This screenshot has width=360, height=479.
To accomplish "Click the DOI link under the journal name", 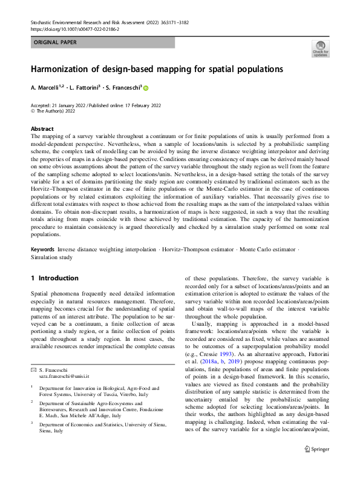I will pyautogui.click(x=74, y=28).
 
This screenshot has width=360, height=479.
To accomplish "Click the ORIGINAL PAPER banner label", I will pyautogui.click(x=56, y=42).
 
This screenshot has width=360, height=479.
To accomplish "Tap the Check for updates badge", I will pyautogui.click(x=321, y=48).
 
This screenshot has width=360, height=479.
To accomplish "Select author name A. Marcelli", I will pyautogui.click(x=51, y=88).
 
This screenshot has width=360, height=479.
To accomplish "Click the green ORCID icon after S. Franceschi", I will pyautogui.click(x=145, y=88).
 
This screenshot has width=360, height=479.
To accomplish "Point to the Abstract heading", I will pyautogui.click(x=42, y=129).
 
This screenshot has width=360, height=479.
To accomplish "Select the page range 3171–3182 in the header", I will pyautogui.click(x=176, y=21).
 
